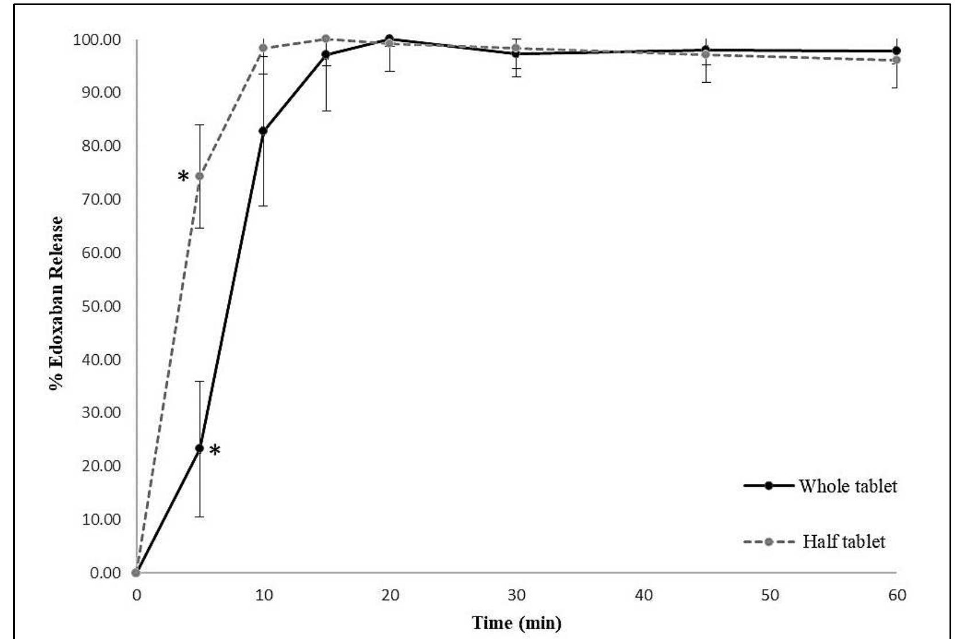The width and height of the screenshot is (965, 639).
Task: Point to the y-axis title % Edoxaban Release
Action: point(56,303)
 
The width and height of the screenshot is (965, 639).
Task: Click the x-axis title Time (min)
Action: point(516,622)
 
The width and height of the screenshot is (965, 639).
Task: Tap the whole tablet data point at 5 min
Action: point(200,448)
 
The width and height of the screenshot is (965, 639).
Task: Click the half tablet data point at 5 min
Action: point(200,176)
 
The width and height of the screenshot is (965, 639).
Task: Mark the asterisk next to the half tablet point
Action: point(183,176)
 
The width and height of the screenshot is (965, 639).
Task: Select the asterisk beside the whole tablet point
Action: point(215,451)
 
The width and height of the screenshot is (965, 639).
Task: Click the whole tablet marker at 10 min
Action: point(263,131)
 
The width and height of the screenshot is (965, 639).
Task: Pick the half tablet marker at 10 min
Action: point(263,48)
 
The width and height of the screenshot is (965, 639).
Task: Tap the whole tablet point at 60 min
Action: point(897,51)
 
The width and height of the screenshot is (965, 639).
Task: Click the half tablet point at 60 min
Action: point(897,60)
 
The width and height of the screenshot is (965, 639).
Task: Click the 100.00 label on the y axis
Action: point(96,40)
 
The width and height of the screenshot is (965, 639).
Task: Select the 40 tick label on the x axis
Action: point(644,595)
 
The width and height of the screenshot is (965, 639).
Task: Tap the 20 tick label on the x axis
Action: point(390,595)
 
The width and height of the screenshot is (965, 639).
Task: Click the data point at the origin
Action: point(136,572)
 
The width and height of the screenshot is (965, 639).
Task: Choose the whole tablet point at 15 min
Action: point(326,55)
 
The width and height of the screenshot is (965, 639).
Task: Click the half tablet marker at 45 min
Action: point(706,55)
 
